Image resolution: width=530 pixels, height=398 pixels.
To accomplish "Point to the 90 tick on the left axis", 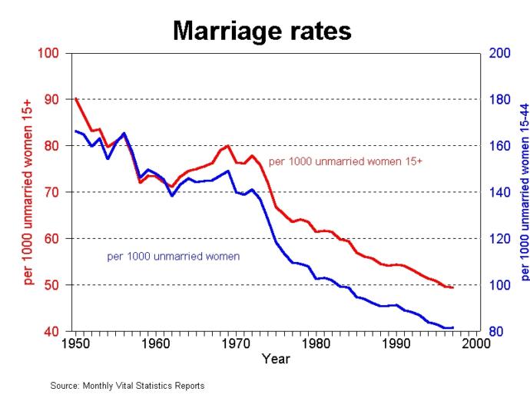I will coord(51,100).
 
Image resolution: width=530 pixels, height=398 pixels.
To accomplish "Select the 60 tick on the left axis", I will coord(51,239).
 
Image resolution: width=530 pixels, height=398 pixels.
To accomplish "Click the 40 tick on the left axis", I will coord(51,332).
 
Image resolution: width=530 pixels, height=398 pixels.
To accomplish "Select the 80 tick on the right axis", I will coord(495,332).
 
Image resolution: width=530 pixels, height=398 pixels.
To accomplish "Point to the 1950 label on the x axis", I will coord(75,345).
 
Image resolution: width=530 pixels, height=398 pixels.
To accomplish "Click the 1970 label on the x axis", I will coord(236,345).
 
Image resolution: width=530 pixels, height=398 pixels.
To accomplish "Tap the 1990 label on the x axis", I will coord(396,345).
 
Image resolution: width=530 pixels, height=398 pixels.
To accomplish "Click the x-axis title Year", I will coord(275,359).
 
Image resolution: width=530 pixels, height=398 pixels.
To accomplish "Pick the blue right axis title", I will coord(525,192).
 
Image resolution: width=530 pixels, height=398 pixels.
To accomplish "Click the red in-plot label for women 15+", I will coord(346,161).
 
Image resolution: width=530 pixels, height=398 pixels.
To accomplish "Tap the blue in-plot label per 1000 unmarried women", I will coord(174,257).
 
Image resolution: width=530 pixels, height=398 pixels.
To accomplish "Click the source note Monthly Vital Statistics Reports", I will coord(128,386).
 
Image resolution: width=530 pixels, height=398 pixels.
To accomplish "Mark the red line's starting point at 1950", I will coord(75,99).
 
